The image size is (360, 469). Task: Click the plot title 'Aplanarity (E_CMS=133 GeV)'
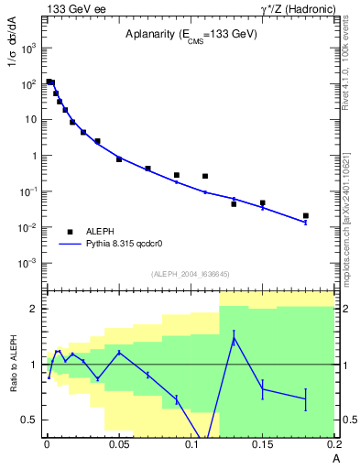pos(191,34)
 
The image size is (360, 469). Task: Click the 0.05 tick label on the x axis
pos(119,444)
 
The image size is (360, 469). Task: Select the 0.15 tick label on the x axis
pos(263,444)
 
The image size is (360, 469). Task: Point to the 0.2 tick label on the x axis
pos(334,444)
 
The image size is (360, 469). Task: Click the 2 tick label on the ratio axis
pos(33,309)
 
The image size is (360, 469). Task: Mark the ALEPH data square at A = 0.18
pos(305,216)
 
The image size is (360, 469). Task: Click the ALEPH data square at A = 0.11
pos(205,176)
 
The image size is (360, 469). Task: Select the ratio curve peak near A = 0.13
pos(234,338)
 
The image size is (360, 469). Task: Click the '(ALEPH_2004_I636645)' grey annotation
pos(190,274)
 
